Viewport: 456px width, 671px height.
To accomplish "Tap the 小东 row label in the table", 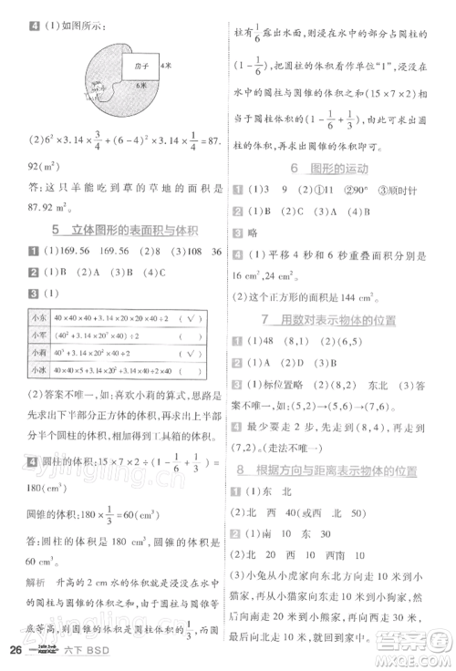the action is pos(38,317).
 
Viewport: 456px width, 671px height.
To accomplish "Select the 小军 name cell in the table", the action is pos(38,335).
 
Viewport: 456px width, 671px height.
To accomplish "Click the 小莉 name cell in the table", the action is pos(38,352).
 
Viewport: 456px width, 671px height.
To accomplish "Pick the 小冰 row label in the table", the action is pos(38,369).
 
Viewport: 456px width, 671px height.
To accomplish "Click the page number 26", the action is pos(15,648).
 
